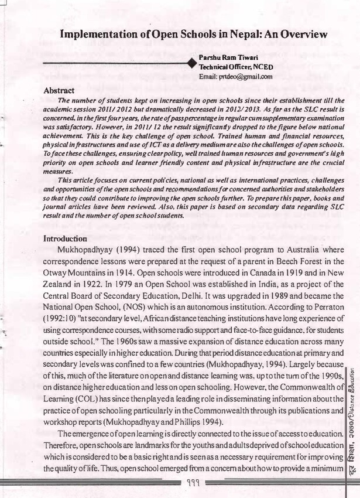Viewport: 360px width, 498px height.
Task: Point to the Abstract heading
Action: pyautogui.click(x=59, y=91)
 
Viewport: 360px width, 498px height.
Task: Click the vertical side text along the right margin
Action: pyautogui.click(x=352, y=410)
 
